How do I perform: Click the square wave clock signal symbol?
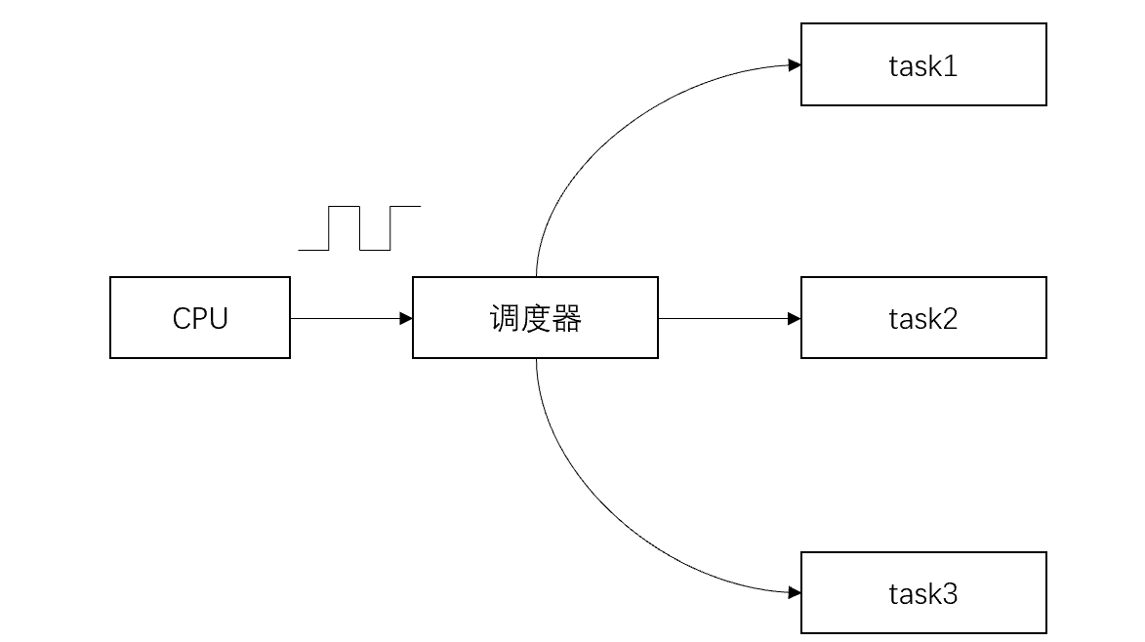(359, 228)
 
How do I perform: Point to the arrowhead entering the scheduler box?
(406, 318)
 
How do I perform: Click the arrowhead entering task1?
(795, 65)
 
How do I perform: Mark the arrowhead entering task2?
(795, 318)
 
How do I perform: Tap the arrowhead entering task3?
(795, 592)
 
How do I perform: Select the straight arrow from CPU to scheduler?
(347, 318)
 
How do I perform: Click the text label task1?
(922, 65)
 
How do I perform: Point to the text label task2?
(922, 318)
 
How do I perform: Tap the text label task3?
(922, 593)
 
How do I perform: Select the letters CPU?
(200, 318)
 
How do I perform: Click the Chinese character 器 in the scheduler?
(566, 318)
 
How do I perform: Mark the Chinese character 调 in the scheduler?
(504, 318)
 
